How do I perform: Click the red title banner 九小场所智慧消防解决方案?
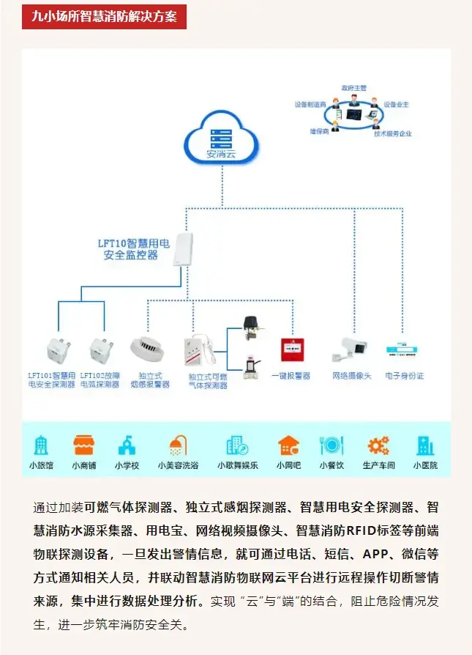105,16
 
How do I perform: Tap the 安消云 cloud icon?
220,140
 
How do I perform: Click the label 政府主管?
353,87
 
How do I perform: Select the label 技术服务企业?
393,134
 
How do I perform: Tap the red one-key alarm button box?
292,350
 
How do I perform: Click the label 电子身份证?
405,376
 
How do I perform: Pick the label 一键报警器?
291,376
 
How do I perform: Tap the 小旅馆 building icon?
41,445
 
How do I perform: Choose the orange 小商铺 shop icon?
83,445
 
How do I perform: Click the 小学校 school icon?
127,445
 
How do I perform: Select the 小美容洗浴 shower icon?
178,445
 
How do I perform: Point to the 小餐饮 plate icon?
331,445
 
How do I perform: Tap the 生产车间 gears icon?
378,445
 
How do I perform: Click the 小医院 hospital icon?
424,445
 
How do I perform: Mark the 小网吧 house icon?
288,445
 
